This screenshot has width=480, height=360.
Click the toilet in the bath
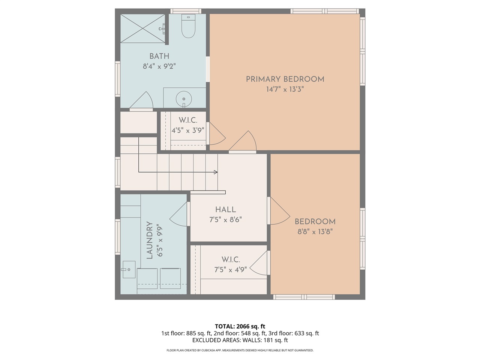[188, 26]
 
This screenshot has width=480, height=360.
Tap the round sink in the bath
[184, 99]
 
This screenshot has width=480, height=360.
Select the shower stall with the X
[142, 28]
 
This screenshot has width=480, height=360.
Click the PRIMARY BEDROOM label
[285, 79]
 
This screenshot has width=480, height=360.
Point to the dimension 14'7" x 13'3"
[285, 89]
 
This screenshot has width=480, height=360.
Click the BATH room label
[159, 56]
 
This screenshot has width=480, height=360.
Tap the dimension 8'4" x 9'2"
[159, 66]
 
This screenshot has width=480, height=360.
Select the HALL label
[225, 210]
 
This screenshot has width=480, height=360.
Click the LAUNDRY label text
[150, 240]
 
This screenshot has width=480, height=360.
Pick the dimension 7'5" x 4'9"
[231, 270]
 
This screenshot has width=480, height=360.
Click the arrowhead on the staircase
[216, 172]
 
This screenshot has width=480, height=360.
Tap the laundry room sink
[129, 270]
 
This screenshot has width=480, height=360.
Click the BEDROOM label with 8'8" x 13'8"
[315, 222]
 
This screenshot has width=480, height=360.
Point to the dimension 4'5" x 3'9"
[187, 130]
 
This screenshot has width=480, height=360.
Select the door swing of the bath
[141, 101]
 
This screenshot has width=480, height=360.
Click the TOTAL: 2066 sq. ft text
[240, 326]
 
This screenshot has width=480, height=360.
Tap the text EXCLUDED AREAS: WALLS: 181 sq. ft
[240, 340]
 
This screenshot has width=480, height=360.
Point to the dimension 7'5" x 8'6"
[225, 219]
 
